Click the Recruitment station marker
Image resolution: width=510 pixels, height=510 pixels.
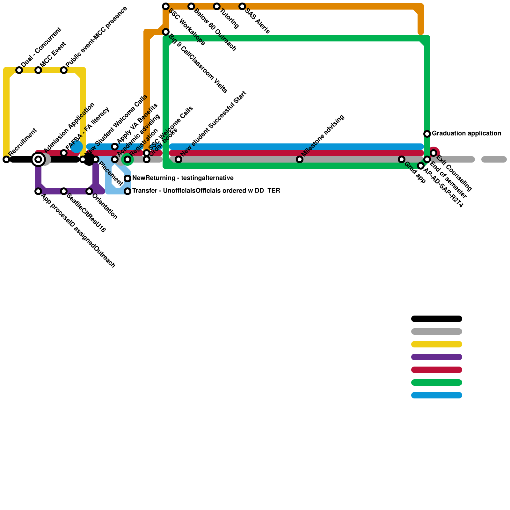[6, 159]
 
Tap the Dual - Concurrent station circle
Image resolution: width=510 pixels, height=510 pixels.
[19, 70]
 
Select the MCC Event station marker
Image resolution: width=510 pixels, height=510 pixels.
[38, 70]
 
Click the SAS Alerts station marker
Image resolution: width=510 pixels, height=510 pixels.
[242, 6]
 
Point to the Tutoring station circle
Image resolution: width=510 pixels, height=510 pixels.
[217, 6]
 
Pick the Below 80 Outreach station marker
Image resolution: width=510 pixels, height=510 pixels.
[191, 6]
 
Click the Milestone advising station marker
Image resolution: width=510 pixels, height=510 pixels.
[300, 159]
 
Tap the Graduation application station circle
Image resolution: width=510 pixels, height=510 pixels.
[427, 134]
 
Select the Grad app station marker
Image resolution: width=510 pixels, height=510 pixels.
[402, 159]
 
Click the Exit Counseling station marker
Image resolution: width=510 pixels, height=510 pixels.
[433, 153]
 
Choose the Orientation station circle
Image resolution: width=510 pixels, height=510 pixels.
[89, 191]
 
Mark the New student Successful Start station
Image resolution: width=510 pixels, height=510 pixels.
[178, 159]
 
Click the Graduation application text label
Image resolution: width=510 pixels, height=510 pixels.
[466, 134]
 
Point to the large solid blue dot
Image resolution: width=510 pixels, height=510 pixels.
[77, 147]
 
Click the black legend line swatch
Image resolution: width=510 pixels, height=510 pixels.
[437, 319]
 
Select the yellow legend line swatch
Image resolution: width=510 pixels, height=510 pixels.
[437, 344]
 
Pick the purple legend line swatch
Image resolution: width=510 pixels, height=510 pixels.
[437, 357]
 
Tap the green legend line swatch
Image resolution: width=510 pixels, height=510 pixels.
[437, 382]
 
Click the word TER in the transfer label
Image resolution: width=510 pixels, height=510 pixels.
[274, 191]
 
